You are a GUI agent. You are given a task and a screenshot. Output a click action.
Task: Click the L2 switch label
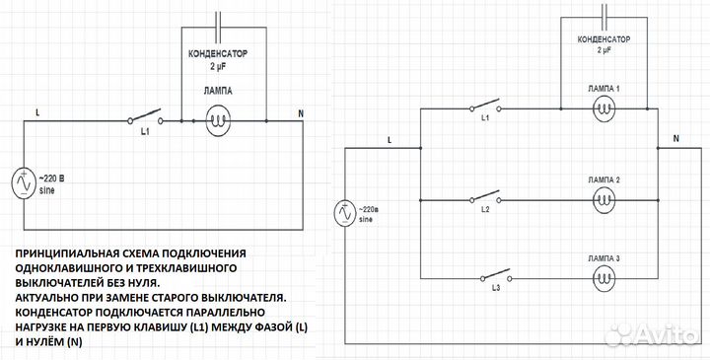pyautogui.click(x=484, y=210)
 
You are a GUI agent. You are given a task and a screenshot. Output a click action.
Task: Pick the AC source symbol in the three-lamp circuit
pyautogui.click(x=344, y=212)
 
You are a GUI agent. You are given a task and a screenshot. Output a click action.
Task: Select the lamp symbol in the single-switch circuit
pyautogui.click(x=218, y=122)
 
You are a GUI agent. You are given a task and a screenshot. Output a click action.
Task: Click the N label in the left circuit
pyautogui.click(x=302, y=112)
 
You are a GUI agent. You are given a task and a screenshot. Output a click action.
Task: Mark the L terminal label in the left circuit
pyautogui.click(x=36, y=112)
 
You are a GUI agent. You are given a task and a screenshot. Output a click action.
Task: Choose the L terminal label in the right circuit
pyautogui.click(x=390, y=139)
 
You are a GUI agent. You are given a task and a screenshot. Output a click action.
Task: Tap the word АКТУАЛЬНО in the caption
pyautogui.click(x=50, y=295)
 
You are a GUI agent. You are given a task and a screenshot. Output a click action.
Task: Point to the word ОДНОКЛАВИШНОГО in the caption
pyautogui.click(x=69, y=267)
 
